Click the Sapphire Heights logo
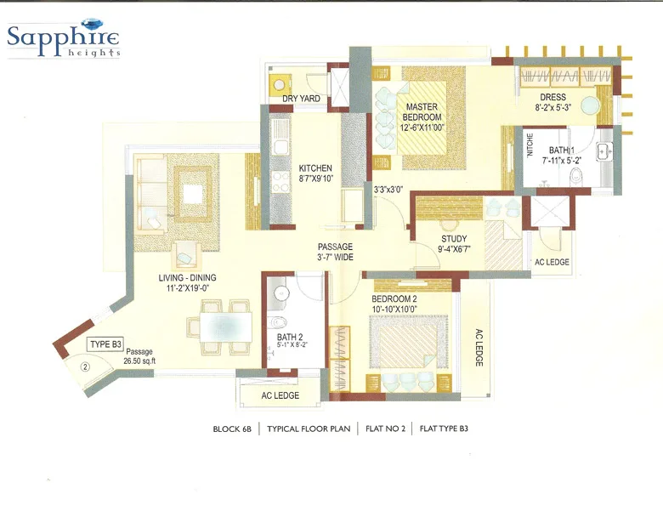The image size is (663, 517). (63, 37)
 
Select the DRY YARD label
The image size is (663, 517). (301, 99)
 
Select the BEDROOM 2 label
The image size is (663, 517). (394, 300)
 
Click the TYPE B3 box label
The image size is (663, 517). (105, 344)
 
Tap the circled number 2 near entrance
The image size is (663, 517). (85, 367)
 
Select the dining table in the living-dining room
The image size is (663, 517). (225, 326)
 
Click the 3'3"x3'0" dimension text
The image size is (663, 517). (388, 190)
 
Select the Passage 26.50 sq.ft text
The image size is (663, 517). (140, 357)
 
